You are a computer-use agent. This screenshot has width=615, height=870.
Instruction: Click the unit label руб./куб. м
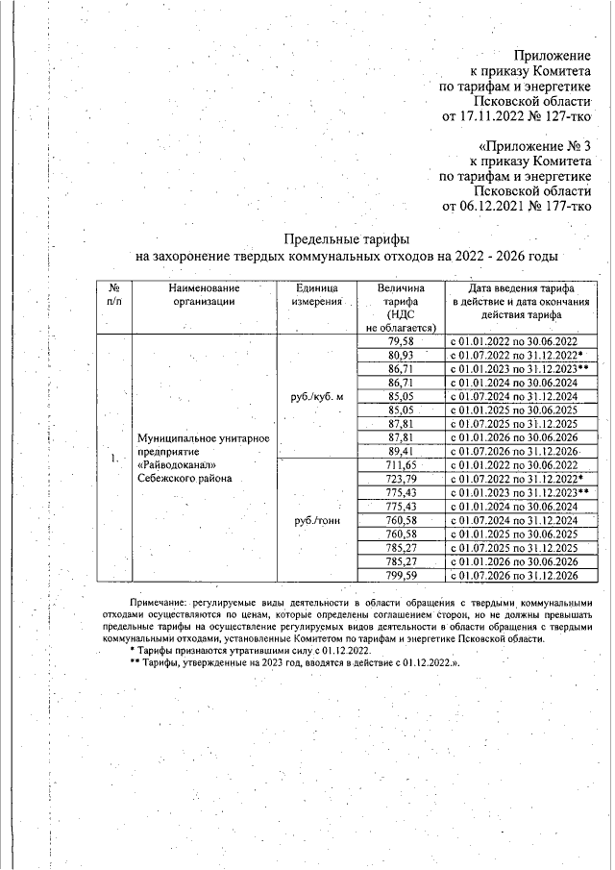[315, 396]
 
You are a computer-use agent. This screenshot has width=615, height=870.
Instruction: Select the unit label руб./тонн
[315, 520]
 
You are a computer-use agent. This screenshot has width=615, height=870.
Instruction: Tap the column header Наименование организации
[203, 294]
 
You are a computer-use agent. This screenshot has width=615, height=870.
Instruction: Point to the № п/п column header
[113, 294]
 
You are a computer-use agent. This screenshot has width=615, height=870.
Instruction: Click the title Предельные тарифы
[347, 238]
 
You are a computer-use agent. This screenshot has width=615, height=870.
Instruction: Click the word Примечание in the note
[159, 598]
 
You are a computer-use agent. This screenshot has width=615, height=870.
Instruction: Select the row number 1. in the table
[113, 458]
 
